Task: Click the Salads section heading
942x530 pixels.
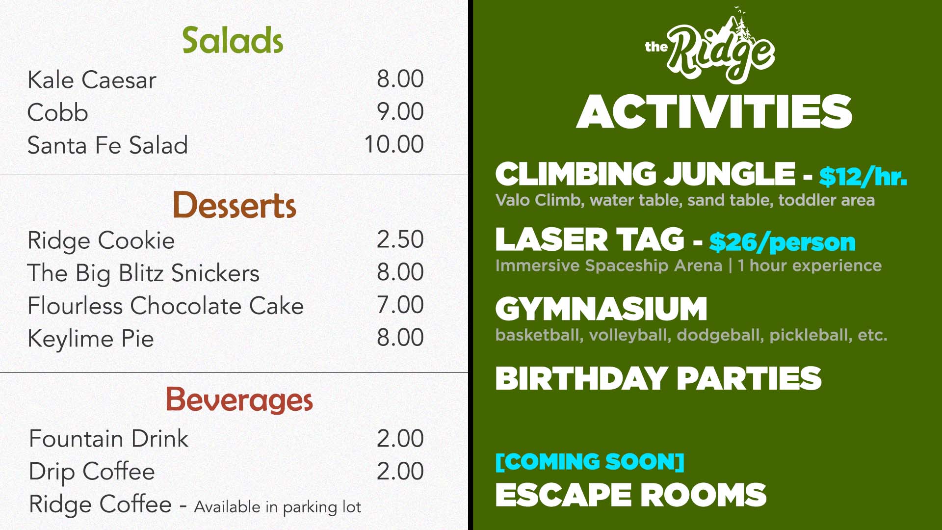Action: coord(233,40)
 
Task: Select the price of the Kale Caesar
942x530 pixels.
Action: coord(400,79)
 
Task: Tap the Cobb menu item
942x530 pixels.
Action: coord(58,112)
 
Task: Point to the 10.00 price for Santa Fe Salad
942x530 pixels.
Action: coord(393,144)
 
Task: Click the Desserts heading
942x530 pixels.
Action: coord(234,205)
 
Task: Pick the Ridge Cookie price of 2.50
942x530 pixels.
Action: coord(400,239)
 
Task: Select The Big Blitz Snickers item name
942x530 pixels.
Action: coord(143,273)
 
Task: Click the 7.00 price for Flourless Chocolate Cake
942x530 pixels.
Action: coord(400,305)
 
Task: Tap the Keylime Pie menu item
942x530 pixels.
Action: coord(91,339)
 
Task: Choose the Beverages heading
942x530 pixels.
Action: coord(239,399)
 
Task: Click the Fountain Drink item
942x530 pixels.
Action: coord(108,438)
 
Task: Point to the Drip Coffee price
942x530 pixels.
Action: coord(400,471)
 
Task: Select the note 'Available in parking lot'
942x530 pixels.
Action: coord(278,506)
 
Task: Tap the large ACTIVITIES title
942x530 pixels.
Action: coord(714,112)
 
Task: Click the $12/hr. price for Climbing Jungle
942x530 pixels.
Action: coord(863,176)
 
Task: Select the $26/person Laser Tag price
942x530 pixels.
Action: coord(782,242)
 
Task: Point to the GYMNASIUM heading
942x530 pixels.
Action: coord(601,309)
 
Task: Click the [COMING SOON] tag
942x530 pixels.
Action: coord(590,462)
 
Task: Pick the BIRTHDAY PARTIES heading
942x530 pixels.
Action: coord(658,378)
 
